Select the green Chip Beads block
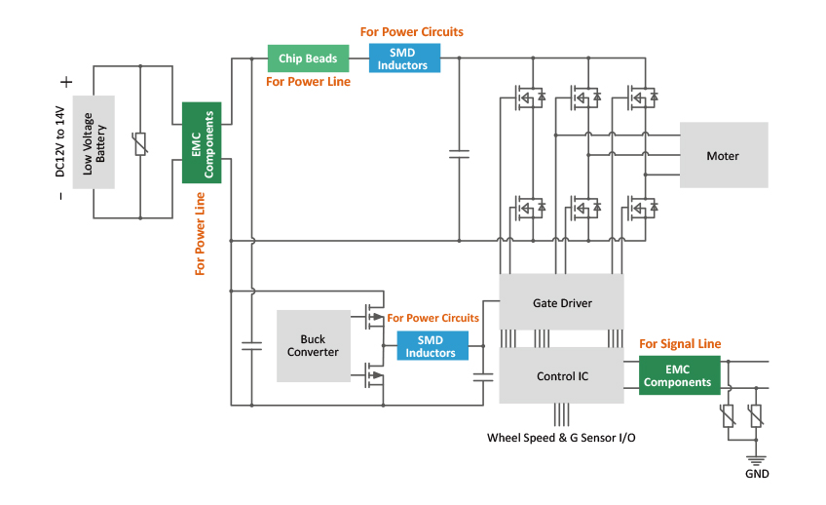point(308,58)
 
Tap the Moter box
point(723,155)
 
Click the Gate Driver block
point(561,303)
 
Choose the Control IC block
point(561,375)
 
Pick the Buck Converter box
point(313,345)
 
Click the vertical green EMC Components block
point(202,142)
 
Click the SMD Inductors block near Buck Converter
point(431,346)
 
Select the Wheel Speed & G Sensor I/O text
point(561,438)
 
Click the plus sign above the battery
point(66,83)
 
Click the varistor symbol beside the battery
point(140,143)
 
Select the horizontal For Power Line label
point(308,82)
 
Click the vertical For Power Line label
point(201,234)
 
